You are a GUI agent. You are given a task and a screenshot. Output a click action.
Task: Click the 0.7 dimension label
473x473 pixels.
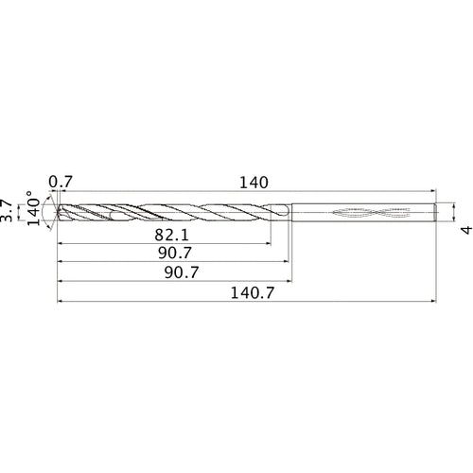(61, 181)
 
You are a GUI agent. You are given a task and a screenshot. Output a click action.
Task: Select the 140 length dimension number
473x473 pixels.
(254, 181)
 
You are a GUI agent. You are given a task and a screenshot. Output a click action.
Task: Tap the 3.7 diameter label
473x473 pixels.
(8, 210)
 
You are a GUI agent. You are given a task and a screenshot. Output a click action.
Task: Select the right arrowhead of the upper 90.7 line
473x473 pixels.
(287, 263)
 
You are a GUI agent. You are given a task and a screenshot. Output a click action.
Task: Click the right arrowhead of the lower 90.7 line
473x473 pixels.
(289, 283)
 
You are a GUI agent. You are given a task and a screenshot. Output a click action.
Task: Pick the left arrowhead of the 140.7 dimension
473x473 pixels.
(61, 304)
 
